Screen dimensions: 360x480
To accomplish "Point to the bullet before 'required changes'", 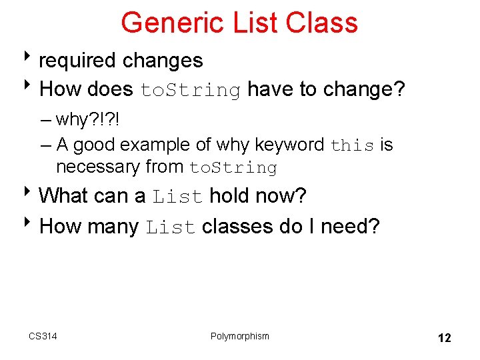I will tap(31, 60).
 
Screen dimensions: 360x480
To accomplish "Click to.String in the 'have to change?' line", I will tap(190, 90).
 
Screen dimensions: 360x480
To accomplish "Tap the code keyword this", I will tap(353, 145).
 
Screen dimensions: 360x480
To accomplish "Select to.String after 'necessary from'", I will tap(233, 167).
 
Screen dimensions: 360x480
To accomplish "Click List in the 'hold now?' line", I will tap(177, 197).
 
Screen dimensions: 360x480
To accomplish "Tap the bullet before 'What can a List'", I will tap(31, 195).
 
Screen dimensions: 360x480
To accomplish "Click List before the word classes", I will tap(171, 227).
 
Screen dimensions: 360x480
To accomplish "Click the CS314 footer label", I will tap(43, 336).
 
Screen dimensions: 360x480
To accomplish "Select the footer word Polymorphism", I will tap(240, 336).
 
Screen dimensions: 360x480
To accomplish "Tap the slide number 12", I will tap(444, 338).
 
